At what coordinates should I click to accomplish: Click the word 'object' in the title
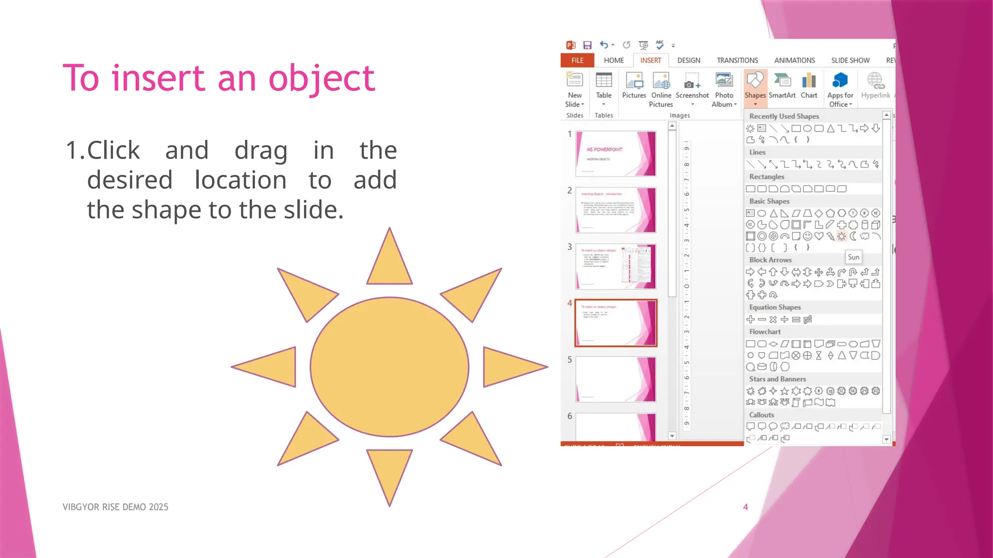[x=321, y=78]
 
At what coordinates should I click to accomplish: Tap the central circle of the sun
[x=389, y=367]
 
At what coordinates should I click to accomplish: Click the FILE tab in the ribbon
[x=577, y=61]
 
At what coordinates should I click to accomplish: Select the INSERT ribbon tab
[x=650, y=61]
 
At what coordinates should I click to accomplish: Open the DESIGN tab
[x=689, y=61]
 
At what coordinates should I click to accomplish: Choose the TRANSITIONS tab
[x=737, y=61]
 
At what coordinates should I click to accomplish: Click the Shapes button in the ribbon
[x=755, y=87]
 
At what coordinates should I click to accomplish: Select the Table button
[x=604, y=87]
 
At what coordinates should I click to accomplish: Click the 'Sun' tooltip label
[x=853, y=257]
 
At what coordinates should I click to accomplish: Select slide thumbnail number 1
[x=616, y=154]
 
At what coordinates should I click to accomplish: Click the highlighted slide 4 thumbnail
[x=616, y=323]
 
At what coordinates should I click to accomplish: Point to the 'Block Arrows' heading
[x=770, y=260]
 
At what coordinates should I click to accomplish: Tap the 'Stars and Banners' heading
[x=777, y=379]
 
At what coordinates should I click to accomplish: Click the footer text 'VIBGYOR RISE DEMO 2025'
[x=115, y=507]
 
